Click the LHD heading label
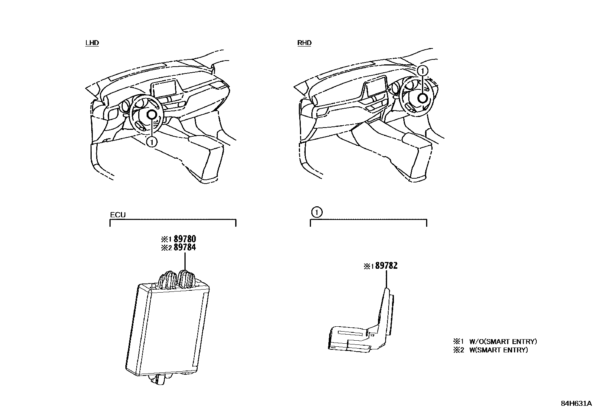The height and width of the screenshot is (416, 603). tap(92, 43)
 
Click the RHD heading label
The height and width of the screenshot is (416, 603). tap(304, 43)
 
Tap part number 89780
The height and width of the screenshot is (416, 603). tap(184, 239)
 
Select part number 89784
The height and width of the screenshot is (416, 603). tap(184, 248)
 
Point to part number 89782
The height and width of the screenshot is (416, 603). tap(386, 266)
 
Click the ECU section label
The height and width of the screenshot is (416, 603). tap(118, 215)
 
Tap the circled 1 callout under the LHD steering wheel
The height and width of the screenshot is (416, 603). tap(151, 142)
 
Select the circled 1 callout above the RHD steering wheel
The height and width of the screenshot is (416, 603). tap(423, 70)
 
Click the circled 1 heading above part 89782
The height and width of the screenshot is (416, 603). tap(316, 212)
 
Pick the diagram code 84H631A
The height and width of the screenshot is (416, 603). tap(576, 403)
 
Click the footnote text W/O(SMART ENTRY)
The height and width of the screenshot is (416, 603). tap(503, 341)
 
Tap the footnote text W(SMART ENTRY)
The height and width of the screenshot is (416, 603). tap(498, 350)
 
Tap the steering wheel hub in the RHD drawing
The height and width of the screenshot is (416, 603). tap(423, 98)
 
